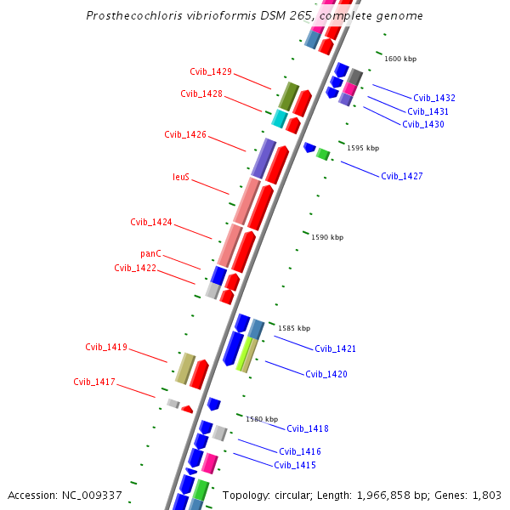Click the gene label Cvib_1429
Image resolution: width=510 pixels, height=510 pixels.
click(211, 71)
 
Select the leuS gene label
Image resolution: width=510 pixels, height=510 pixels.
click(181, 178)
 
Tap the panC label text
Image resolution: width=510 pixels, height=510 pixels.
click(150, 253)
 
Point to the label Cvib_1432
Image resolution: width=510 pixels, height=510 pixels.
click(434, 99)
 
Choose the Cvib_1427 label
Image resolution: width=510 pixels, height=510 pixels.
click(401, 176)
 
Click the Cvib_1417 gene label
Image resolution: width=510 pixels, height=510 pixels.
click(94, 382)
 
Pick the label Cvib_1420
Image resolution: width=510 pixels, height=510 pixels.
click(326, 374)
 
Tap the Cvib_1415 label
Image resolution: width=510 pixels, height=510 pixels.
click(295, 465)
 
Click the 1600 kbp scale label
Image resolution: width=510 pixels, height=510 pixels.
click(400, 59)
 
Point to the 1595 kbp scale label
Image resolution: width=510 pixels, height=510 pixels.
click(363, 148)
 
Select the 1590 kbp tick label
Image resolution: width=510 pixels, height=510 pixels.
click(327, 237)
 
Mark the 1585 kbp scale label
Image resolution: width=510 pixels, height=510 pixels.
click(294, 328)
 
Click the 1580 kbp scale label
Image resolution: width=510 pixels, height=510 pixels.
click(262, 419)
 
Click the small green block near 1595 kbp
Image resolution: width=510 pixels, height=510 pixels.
click(323, 154)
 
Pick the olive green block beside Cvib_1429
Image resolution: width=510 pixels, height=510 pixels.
click(289, 96)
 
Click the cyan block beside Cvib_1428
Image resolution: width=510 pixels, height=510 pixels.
click(280, 118)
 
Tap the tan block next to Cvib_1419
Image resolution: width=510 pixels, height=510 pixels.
click(185, 368)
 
